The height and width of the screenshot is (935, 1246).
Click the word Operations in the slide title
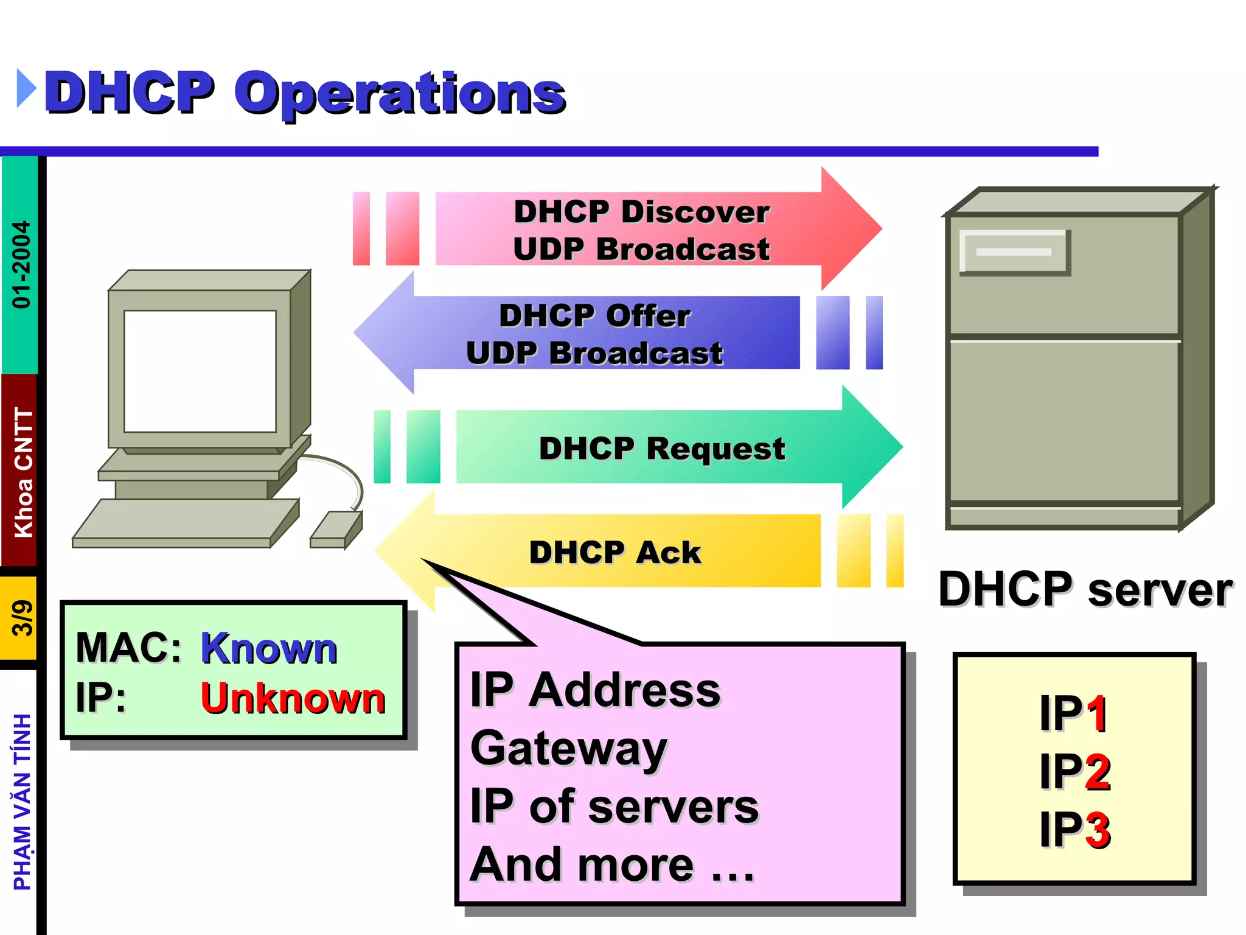tap(400, 94)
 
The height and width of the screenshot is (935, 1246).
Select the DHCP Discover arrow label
tap(641, 212)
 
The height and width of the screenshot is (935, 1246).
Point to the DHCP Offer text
tap(594, 316)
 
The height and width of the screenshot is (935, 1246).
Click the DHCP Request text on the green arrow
tap(662, 449)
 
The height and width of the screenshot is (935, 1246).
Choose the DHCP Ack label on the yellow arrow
tap(615, 553)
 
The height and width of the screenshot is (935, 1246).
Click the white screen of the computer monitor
tap(200, 371)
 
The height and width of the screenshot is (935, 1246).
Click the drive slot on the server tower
tap(1014, 252)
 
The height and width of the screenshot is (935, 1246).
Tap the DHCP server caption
tap(1085, 589)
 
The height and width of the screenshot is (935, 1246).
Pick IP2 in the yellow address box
tap(1075, 771)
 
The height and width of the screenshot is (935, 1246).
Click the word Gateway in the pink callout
tap(569, 748)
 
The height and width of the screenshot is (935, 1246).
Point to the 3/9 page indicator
tap(21, 618)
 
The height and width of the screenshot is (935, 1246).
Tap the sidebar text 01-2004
tap(21, 264)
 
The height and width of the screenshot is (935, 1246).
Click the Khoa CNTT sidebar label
tap(23, 472)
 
